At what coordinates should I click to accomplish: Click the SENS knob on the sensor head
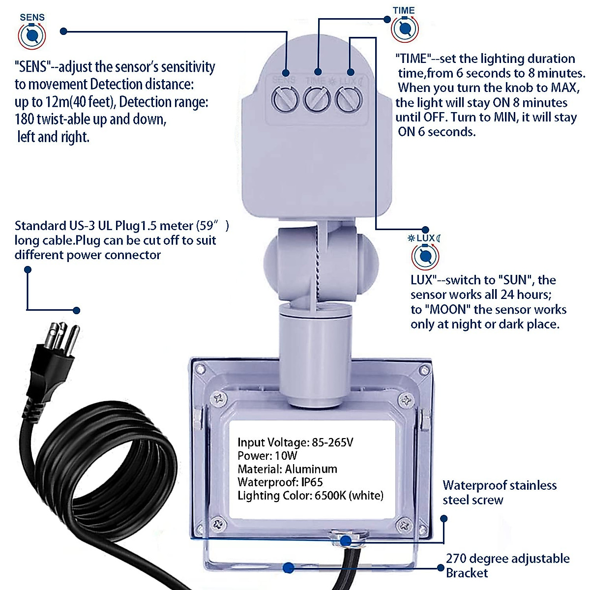[285, 100]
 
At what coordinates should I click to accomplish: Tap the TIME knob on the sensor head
[317, 100]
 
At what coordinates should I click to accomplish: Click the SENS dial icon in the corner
[32, 35]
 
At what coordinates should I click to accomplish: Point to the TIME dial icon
[404, 29]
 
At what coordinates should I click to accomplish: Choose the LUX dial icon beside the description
[425, 256]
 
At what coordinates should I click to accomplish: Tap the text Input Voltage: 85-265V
[295, 442]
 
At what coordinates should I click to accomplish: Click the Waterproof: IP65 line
[280, 482]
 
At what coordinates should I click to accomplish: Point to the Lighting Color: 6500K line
[310, 496]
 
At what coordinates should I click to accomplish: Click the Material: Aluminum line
[287, 469]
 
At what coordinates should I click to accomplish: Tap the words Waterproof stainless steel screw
[499, 493]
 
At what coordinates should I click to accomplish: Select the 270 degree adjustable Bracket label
[507, 565]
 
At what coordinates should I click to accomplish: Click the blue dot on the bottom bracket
[289, 568]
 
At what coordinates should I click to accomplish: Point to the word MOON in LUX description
[445, 310]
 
